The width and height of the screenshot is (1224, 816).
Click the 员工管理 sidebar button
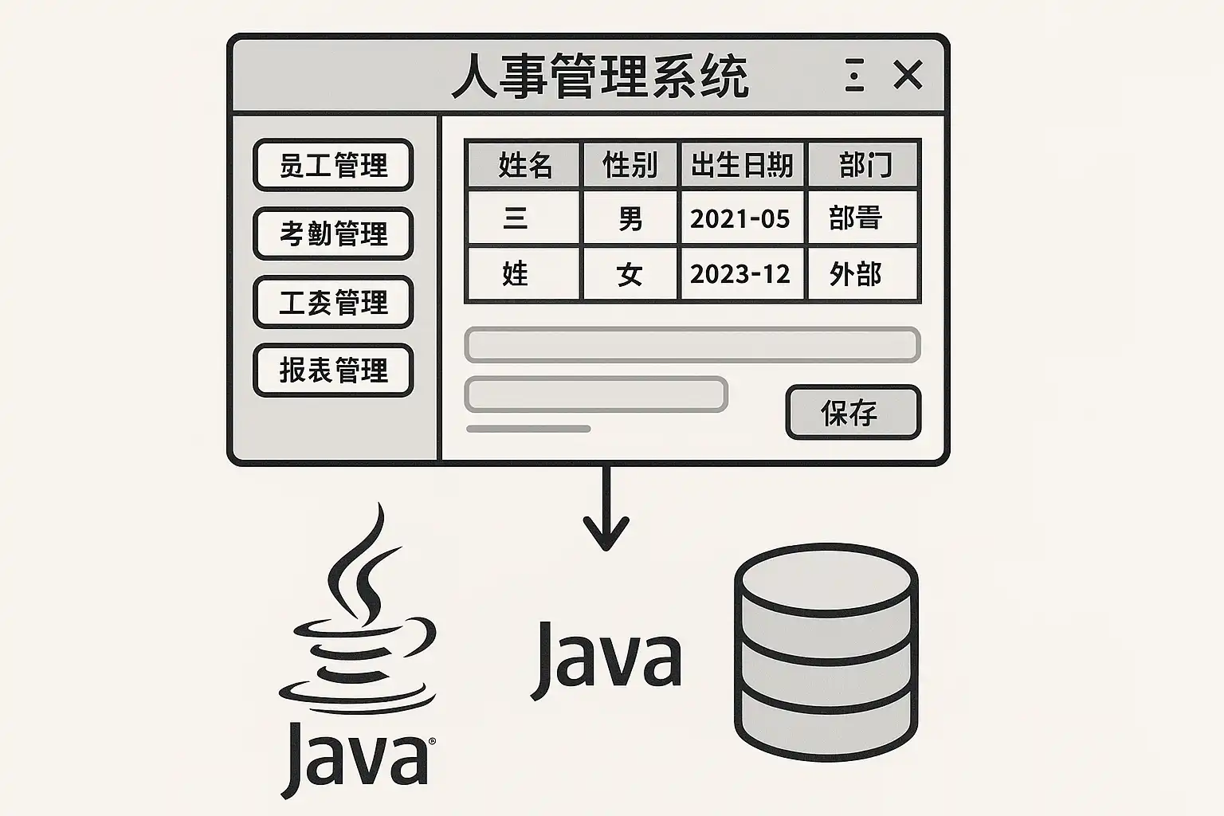coord(333,165)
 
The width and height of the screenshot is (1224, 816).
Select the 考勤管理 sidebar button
coord(333,233)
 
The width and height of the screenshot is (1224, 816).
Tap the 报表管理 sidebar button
coord(333,370)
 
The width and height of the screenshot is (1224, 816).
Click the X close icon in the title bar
coord(908,76)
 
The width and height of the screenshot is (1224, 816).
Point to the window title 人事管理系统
coord(600,76)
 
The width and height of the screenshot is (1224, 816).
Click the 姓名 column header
coord(524,165)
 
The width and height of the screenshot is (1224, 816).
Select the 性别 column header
coord(630,165)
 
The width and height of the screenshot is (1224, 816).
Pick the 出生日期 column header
coord(742,165)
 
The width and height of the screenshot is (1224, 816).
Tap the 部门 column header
coord(864,165)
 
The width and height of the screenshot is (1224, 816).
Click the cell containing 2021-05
coord(740,218)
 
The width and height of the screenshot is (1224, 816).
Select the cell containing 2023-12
coord(740,274)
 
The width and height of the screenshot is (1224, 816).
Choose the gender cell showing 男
coord(630,218)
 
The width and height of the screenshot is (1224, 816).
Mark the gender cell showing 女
coord(630,274)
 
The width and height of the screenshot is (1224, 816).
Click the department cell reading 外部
coord(856,274)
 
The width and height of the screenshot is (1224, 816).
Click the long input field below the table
coord(692,345)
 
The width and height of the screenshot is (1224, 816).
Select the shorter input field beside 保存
coord(595,394)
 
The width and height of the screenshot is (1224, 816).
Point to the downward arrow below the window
coord(606,510)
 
